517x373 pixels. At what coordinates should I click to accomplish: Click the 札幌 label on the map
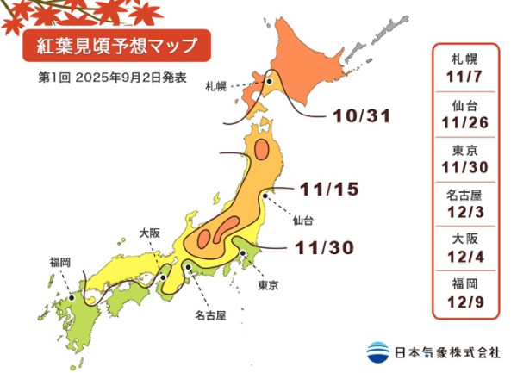[216, 86]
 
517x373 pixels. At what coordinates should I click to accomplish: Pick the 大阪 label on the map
[150, 233]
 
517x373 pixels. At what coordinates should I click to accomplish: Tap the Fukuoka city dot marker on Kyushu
[71, 299]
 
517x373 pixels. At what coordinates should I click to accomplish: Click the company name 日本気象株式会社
[446, 352]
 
